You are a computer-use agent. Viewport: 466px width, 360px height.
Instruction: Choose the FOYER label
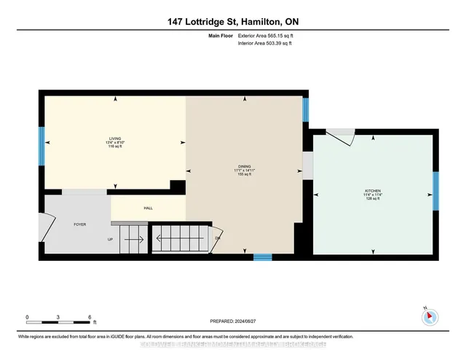[80, 224]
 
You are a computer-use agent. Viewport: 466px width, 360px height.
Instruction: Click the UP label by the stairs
[110, 239]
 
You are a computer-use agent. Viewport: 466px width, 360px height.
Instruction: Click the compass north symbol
[428, 316]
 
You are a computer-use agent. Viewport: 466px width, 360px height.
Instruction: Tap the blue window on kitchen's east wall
[435, 191]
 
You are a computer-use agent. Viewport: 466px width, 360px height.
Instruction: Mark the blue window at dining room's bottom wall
[263, 257]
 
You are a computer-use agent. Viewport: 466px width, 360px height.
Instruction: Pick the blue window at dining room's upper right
[306, 109]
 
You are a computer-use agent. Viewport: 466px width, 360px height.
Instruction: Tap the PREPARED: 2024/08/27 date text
[233, 319]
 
